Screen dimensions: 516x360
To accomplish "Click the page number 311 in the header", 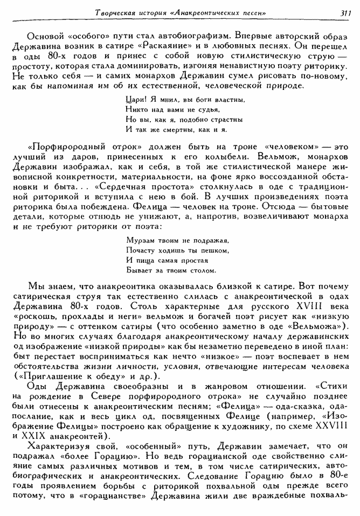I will pos(346,12).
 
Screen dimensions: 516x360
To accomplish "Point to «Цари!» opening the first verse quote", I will pos(133,100).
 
